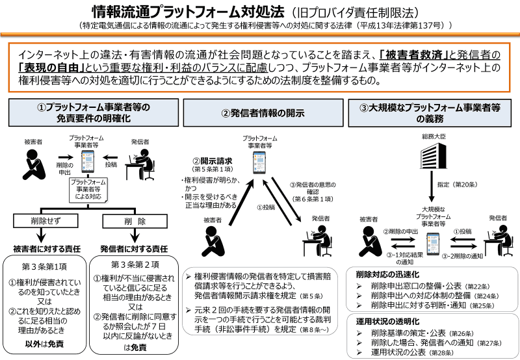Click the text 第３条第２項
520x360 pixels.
(135, 265)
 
